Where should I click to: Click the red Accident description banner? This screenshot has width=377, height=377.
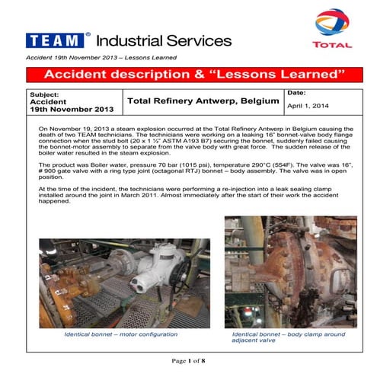point(190,74)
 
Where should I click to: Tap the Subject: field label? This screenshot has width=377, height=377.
point(43,94)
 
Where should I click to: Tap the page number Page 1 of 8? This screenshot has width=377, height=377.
point(188,360)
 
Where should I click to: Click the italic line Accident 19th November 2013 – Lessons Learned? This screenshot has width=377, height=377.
point(101,59)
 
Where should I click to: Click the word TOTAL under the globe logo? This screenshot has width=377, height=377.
point(336,44)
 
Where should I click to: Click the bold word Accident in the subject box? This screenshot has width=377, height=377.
point(47,101)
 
